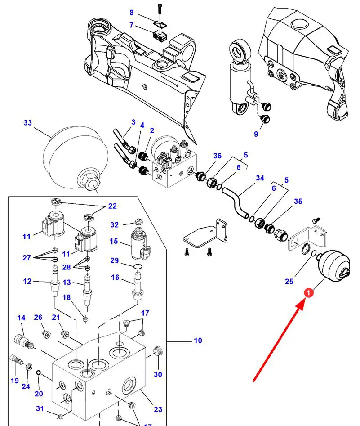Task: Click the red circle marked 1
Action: coord(308,293)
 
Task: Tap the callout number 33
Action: coord(28,123)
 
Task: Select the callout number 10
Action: coord(198,341)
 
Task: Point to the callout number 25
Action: coord(289,281)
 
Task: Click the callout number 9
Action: coord(256,134)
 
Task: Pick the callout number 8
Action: coord(132,13)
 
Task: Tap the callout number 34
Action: coord(260,178)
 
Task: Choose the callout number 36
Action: coord(217,156)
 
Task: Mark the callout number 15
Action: coord(114,241)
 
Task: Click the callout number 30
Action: coord(158,374)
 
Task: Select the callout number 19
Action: coord(15,381)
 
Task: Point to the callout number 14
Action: coord(21,318)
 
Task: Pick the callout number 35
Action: coord(298,202)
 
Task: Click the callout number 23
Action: coord(158,409)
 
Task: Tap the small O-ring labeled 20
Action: coord(39,372)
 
